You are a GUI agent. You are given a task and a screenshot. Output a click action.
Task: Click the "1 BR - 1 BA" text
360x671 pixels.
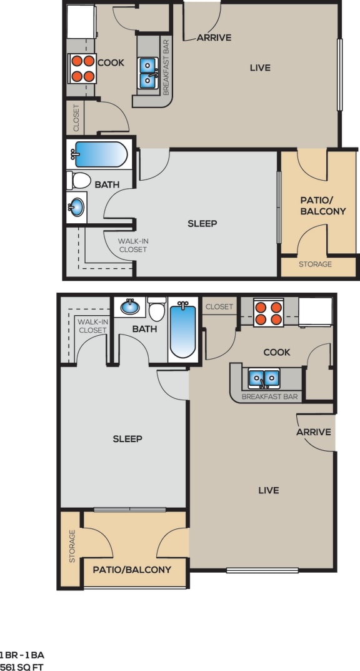(x=22, y=655)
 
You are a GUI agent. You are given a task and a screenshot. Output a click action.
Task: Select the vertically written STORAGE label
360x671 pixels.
(x=72, y=547)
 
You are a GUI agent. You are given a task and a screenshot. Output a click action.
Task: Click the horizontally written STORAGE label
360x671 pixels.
(x=315, y=265)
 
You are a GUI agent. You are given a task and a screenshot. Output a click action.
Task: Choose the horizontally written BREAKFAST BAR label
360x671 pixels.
(x=269, y=396)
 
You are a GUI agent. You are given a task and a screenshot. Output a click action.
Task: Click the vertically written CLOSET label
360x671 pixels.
(x=76, y=118)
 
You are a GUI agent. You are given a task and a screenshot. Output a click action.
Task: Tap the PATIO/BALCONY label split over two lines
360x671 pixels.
(x=322, y=206)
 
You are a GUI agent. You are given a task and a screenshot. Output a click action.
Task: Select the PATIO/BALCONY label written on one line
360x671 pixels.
(x=132, y=570)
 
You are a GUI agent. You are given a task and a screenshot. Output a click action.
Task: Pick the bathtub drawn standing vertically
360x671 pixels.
(x=183, y=329)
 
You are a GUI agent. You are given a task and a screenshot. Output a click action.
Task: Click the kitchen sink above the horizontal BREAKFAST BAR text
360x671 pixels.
(x=264, y=379)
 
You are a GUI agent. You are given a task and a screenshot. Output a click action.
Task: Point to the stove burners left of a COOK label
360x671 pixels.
(x=82, y=68)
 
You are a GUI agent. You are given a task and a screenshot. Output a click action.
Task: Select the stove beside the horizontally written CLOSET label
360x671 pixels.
(x=269, y=312)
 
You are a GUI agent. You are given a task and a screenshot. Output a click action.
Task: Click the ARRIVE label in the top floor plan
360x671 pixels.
(x=214, y=38)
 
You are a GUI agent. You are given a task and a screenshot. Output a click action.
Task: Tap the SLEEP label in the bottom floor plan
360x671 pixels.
(x=127, y=438)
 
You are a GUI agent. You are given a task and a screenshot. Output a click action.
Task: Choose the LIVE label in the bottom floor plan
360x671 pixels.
(x=269, y=490)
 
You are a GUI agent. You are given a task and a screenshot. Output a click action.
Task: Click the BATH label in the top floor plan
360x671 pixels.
(x=107, y=184)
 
